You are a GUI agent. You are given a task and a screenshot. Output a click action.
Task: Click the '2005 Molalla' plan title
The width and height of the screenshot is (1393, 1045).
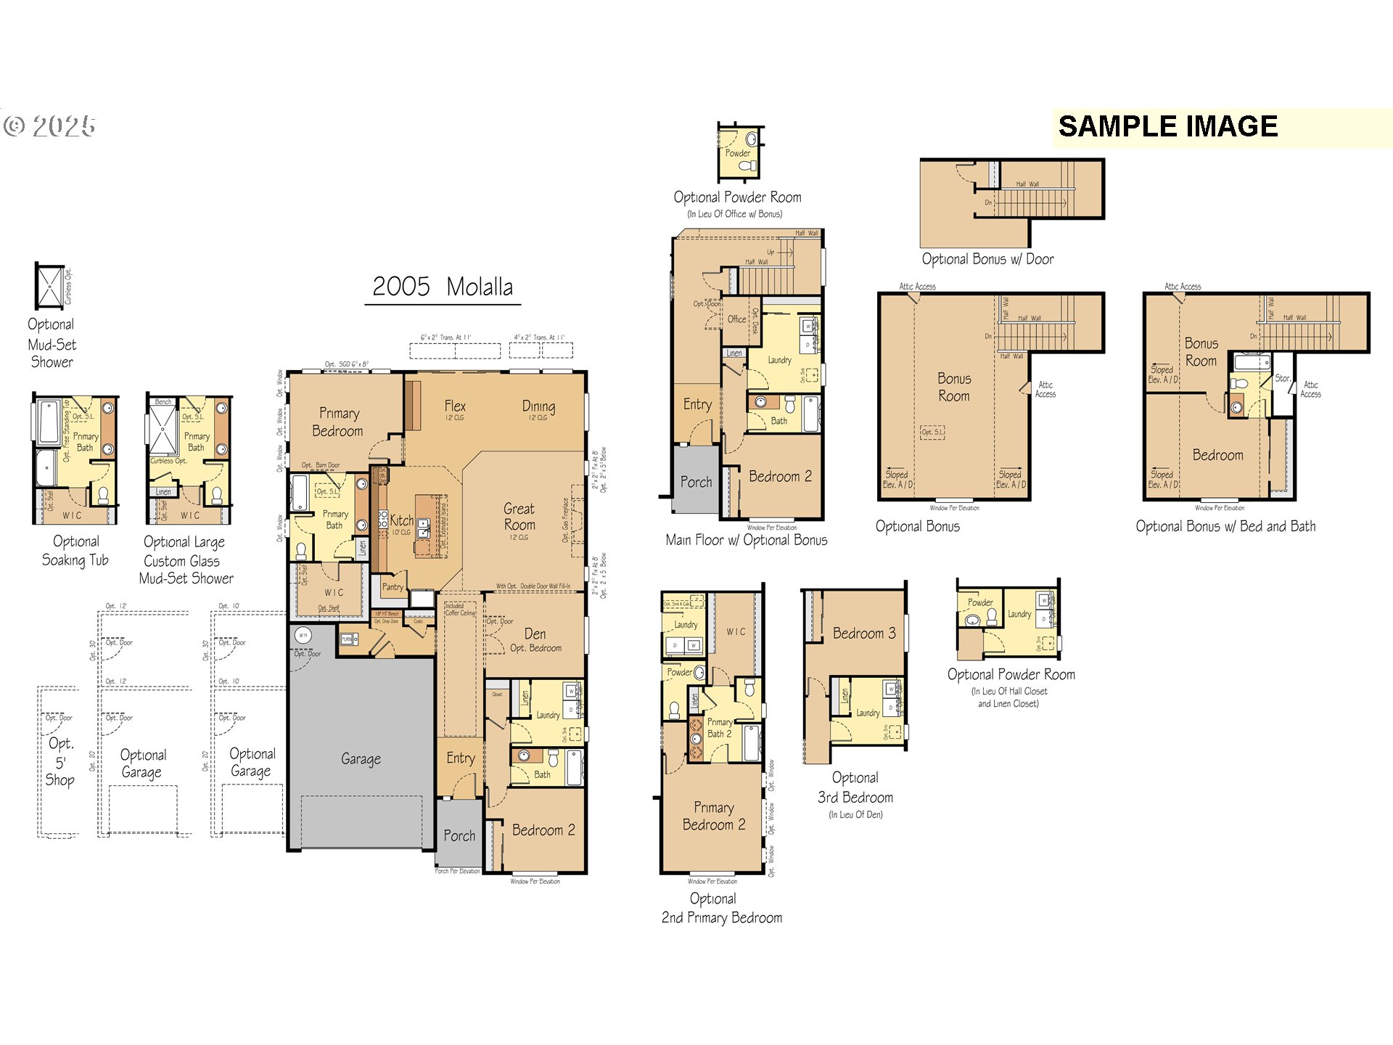pos(443,287)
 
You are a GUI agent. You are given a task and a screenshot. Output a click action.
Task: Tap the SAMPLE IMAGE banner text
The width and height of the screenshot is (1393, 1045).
pos(1167,127)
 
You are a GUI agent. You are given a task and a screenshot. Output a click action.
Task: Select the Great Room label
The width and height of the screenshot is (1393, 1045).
pos(519,517)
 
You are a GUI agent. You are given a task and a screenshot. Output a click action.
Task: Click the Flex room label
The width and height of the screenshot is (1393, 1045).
pos(455,406)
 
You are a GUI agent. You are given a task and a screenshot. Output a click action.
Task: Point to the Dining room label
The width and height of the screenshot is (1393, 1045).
pos(538,406)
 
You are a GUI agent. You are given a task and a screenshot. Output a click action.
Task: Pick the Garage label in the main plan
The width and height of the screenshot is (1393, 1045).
pos(361,759)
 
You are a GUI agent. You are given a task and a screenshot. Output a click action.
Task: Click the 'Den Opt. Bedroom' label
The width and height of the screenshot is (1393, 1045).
pos(535,640)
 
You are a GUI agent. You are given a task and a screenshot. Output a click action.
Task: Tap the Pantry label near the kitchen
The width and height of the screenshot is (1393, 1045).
pos(393,587)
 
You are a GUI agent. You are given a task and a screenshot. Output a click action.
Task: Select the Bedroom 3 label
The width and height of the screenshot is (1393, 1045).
pos(863,634)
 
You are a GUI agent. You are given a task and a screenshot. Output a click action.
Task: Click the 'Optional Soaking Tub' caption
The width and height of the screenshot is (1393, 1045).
pos(75,551)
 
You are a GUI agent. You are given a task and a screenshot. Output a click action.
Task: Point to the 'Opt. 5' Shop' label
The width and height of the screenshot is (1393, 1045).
pos(60,761)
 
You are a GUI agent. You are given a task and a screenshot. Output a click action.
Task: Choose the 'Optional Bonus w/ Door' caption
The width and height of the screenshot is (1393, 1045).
pos(987,259)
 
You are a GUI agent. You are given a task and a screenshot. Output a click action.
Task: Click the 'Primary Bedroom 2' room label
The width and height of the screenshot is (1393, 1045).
pos(714,816)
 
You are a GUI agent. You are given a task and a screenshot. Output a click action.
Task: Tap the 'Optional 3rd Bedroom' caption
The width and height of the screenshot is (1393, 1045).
pos(855,788)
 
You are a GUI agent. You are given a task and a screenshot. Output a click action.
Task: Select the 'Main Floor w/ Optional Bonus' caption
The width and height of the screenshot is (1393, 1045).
pos(747,540)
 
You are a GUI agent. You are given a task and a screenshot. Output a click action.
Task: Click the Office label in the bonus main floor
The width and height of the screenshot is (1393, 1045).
pos(736,319)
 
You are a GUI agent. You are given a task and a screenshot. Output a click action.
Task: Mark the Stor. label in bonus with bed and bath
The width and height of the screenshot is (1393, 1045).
pos(1282,378)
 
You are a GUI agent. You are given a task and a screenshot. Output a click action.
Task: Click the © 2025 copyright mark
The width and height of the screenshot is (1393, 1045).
pos(49,127)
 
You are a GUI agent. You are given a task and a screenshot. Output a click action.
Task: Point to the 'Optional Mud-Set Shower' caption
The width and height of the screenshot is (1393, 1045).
pos(52,343)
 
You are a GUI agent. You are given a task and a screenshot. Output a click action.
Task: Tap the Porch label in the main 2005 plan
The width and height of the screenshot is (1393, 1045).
pos(459,836)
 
